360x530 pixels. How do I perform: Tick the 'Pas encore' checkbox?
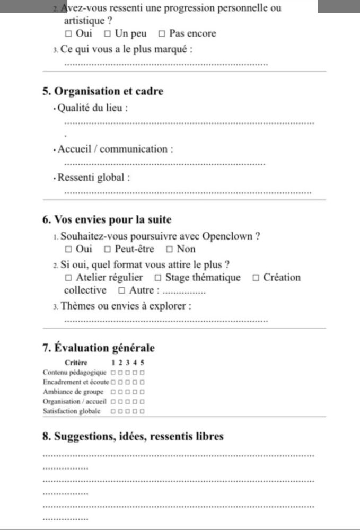[x=162, y=34]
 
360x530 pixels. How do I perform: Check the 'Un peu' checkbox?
[x=107, y=34]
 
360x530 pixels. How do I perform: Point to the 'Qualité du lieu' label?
[x=93, y=109]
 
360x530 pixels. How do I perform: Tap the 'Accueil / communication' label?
[x=115, y=149]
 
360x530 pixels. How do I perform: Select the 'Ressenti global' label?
[x=94, y=178]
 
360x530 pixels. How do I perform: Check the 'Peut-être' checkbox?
[x=107, y=249]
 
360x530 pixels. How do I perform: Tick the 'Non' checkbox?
[x=170, y=249]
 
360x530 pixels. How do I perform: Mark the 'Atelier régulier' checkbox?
[x=68, y=278]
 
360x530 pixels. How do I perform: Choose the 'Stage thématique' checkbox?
[x=158, y=278]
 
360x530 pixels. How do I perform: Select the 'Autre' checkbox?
[x=121, y=290]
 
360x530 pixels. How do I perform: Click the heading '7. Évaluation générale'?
[x=99, y=348]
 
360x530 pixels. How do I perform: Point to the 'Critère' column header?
[x=76, y=363]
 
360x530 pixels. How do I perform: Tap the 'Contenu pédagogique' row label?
[x=74, y=373]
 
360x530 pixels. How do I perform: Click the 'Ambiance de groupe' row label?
[x=73, y=392]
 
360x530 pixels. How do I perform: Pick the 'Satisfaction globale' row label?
[x=74, y=411]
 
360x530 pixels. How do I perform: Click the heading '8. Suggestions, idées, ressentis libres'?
[x=133, y=437]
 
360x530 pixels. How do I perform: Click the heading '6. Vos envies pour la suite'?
[x=107, y=220]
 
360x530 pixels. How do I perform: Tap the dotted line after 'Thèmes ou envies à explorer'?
[x=165, y=320]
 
